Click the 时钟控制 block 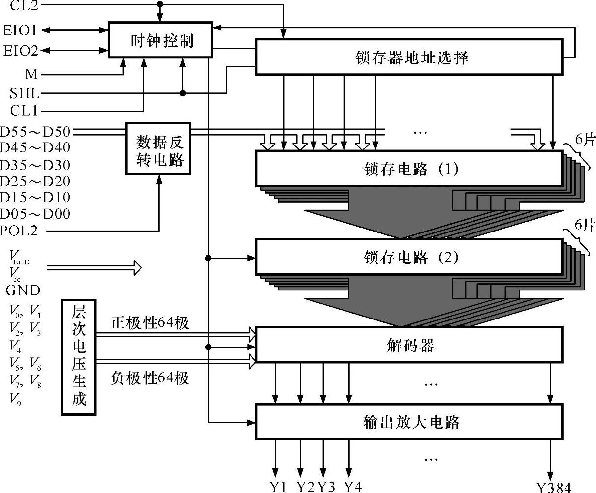click(160, 40)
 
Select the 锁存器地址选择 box click(409, 58)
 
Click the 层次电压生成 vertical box click(79, 357)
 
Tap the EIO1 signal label click(20, 30)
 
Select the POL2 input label click(19, 230)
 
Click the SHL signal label click(24, 93)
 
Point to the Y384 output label click(554, 487)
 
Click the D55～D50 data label click(35, 132)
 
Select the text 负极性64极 click(150, 378)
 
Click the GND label click(23, 290)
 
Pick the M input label click(31, 74)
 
